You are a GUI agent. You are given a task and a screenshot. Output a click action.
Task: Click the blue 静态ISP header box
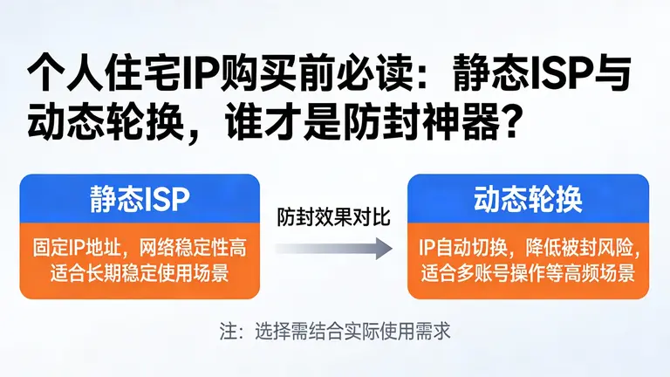click(x=140, y=199)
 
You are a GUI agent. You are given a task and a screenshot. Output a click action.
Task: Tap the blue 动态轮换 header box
click(x=528, y=199)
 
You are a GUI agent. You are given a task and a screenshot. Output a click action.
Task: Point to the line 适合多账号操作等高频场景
click(x=528, y=273)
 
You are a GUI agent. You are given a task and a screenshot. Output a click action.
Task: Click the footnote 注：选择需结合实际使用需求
click(x=335, y=332)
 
